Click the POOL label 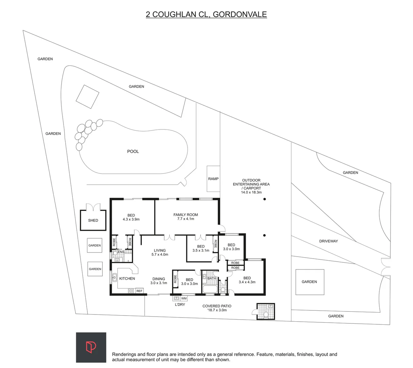click(133, 151)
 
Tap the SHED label click(93, 220)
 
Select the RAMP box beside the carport click(213, 179)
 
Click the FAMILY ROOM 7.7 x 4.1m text click(186, 217)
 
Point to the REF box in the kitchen click(139, 291)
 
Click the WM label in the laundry click(184, 298)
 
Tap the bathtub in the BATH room click(210, 289)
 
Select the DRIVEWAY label click(328, 241)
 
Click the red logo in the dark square click(91, 347)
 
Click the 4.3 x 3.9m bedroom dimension click(131, 219)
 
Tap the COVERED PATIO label click(217, 306)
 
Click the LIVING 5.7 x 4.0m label click(160, 252)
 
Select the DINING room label click(159, 279)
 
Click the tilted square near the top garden click(87, 96)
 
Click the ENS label click(121, 252)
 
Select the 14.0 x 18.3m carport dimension click(251, 193)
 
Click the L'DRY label click(180, 304)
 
